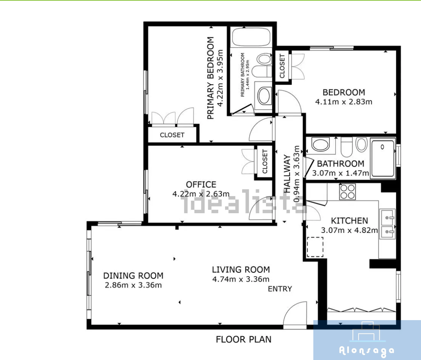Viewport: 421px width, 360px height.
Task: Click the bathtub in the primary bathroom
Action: click(x=251, y=37)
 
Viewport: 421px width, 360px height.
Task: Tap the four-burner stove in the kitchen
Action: click(x=348, y=192)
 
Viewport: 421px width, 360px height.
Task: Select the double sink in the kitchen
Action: click(x=387, y=224)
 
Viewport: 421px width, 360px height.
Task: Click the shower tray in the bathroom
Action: click(x=383, y=158)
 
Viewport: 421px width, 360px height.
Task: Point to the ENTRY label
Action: click(x=280, y=289)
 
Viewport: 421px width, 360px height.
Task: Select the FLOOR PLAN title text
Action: click(x=244, y=339)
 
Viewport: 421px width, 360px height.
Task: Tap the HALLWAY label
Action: click(x=287, y=174)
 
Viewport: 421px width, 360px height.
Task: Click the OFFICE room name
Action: click(x=201, y=184)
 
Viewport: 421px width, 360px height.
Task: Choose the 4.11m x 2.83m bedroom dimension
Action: click(x=344, y=102)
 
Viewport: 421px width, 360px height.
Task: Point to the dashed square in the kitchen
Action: click(x=315, y=247)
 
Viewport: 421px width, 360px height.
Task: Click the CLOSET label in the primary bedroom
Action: click(x=172, y=135)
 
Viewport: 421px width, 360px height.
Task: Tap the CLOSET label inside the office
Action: click(x=265, y=161)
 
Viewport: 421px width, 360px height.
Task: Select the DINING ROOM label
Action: click(x=133, y=276)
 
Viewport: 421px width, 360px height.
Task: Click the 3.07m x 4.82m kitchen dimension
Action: click(x=349, y=230)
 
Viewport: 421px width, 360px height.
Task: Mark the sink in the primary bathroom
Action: click(x=264, y=96)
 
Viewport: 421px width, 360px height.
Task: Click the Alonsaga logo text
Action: click(x=367, y=351)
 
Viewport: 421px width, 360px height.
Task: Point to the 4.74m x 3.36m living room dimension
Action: click(x=241, y=279)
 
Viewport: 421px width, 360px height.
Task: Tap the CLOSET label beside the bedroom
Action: click(x=282, y=66)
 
